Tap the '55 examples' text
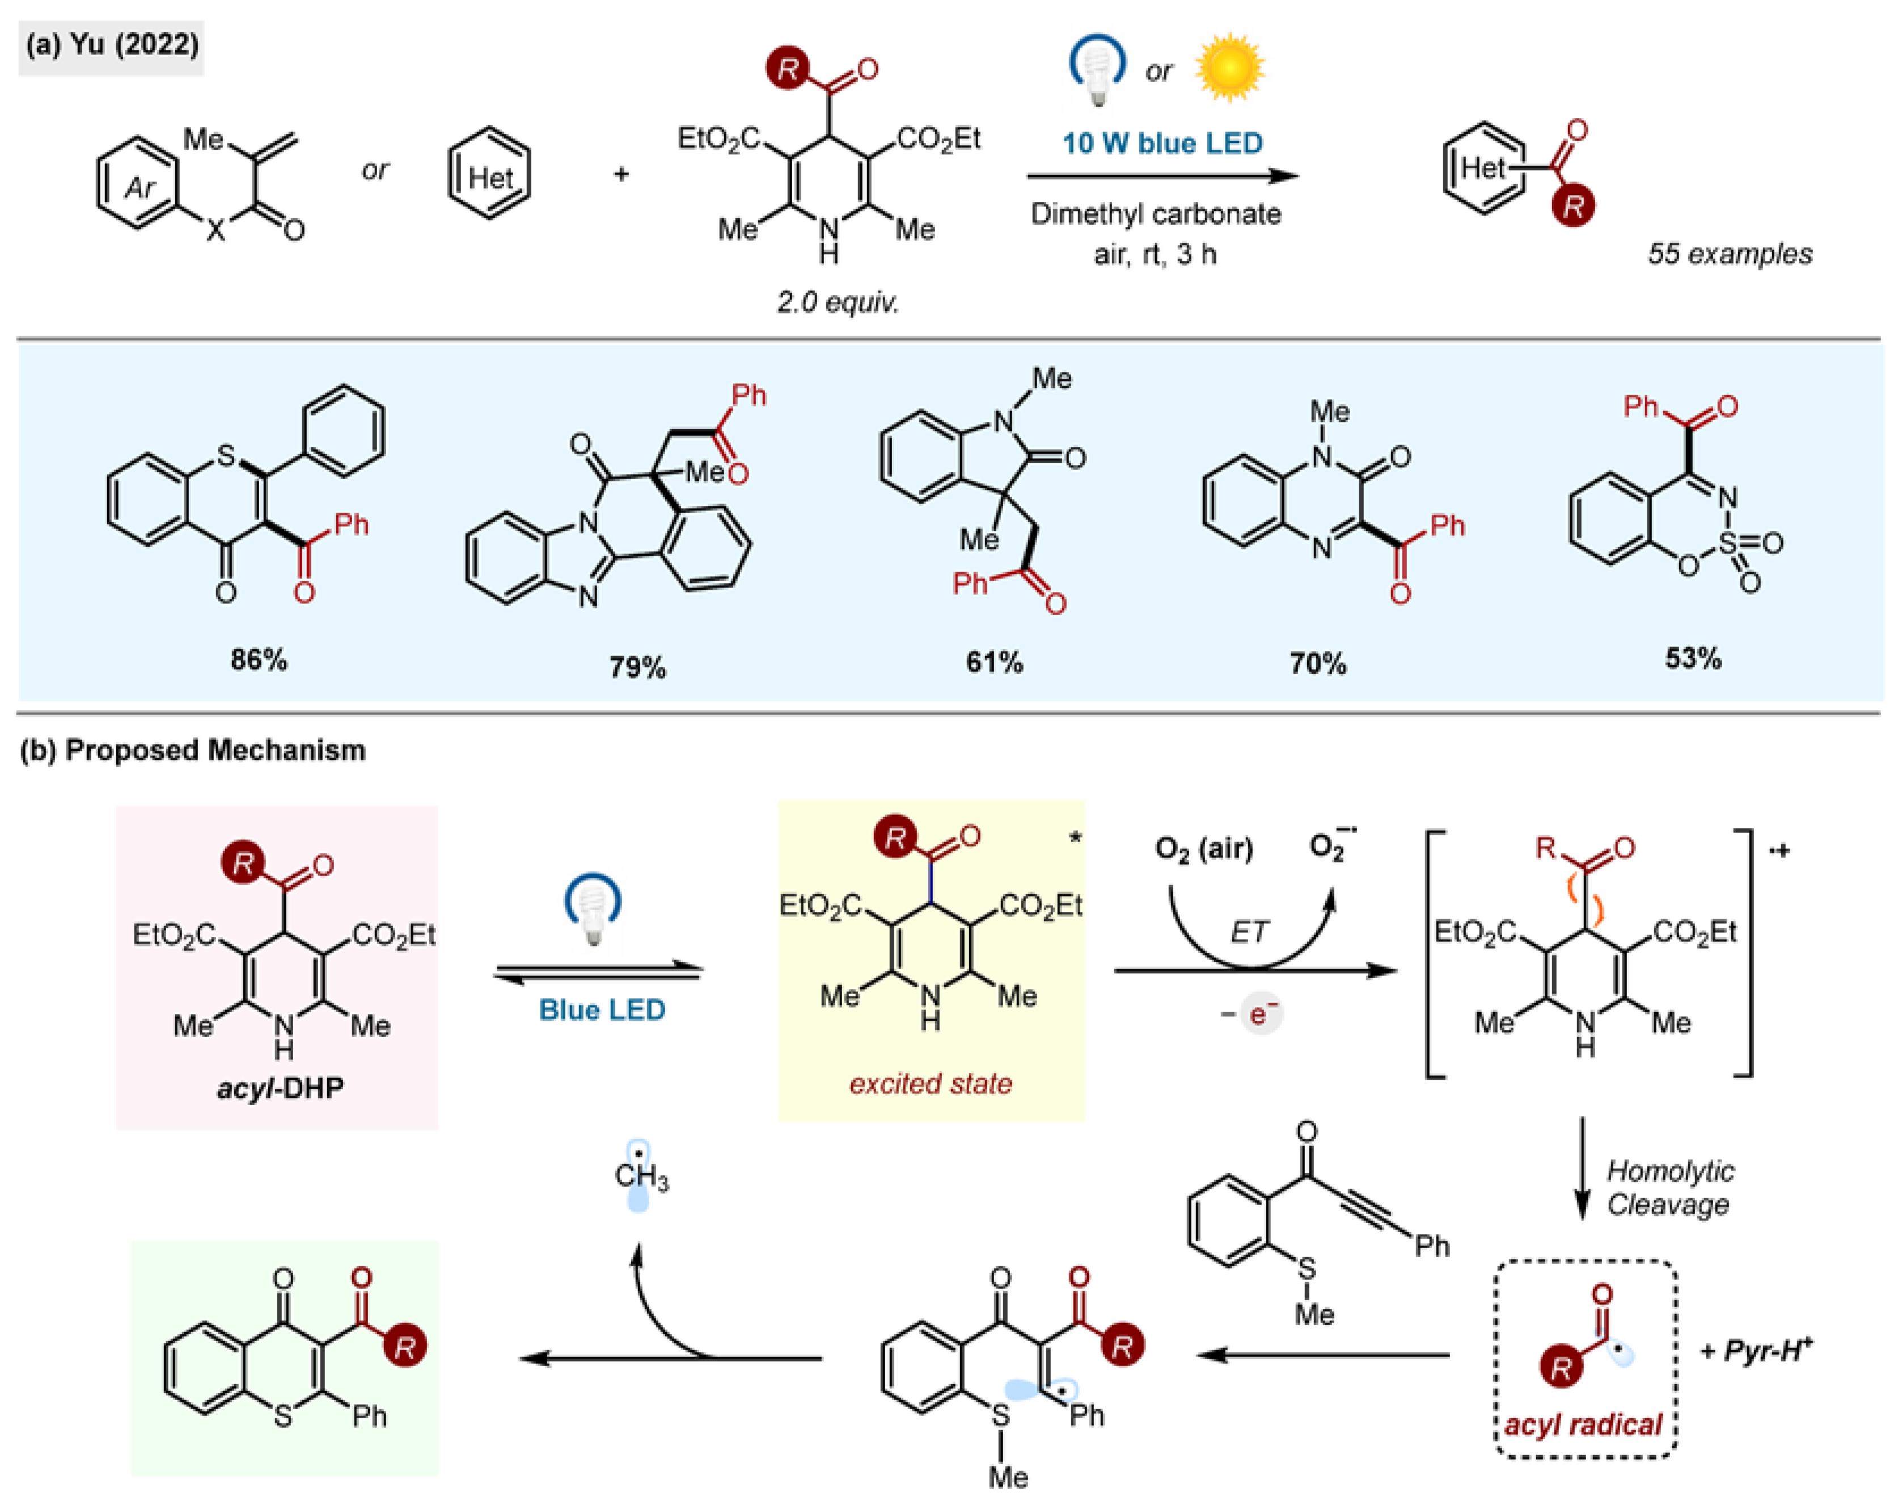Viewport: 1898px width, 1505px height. [x=1729, y=253]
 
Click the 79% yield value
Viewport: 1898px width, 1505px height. [x=637, y=666]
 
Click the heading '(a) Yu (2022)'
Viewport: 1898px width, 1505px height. [x=112, y=44]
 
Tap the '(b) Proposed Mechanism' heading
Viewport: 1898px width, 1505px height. [x=193, y=750]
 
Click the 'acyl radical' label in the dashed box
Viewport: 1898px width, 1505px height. [x=1583, y=1423]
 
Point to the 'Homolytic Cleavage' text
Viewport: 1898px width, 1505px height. [x=1668, y=1187]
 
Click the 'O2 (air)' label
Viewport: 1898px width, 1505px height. [x=1203, y=848]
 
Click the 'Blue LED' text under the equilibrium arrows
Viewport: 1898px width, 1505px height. [x=602, y=1009]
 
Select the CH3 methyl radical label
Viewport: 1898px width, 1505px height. [x=641, y=1177]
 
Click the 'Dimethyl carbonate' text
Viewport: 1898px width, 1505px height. [x=1155, y=214]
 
